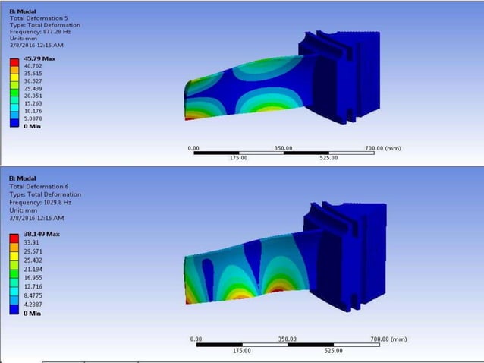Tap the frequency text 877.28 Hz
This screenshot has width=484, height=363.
pyautogui.click(x=58, y=32)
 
